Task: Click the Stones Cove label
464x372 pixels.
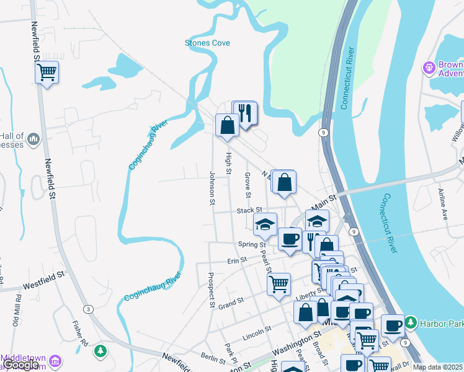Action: pos(207,43)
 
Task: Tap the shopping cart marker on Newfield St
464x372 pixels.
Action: pos(47,73)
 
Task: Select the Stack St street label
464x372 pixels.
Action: pos(250,211)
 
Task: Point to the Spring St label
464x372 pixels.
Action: pos(251,245)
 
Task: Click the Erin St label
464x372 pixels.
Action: pos(236,260)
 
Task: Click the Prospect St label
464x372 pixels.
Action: pos(212,290)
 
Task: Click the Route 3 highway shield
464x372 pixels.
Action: pos(89,309)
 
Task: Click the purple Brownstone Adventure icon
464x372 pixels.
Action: pos(429,67)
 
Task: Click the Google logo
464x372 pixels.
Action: pos(21,365)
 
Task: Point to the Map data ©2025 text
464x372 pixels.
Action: pos(437,367)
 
